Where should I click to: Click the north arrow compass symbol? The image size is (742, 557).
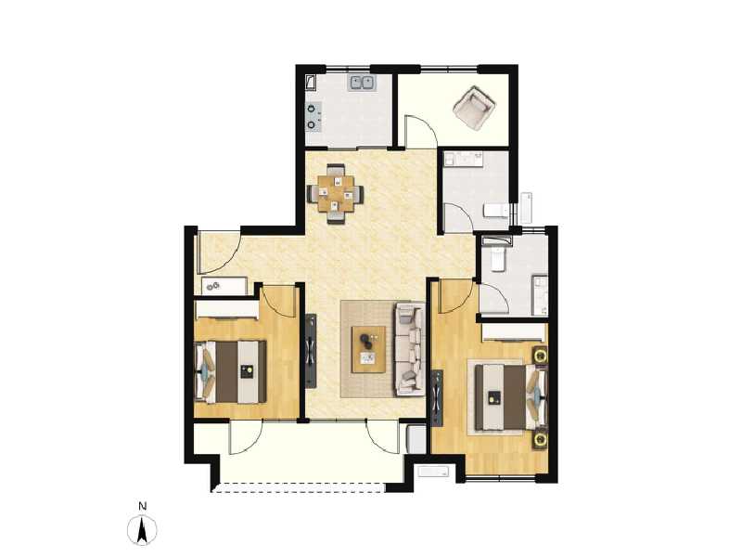[x=141, y=530]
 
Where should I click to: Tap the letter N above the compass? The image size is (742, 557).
[x=141, y=506]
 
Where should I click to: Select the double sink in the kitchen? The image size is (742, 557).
[x=362, y=84]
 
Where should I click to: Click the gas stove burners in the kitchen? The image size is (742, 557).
[x=313, y=116]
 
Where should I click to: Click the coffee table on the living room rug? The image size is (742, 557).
[x=367, y=348]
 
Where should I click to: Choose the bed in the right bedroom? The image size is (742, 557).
[x=505, y=397]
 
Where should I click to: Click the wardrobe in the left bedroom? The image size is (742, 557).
[x=226, y=309]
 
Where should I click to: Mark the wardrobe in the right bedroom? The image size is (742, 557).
[x=514, y=330]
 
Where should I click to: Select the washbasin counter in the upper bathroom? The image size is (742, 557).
[x=463, y=158]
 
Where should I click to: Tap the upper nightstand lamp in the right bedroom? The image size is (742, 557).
[x=539, y=355]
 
